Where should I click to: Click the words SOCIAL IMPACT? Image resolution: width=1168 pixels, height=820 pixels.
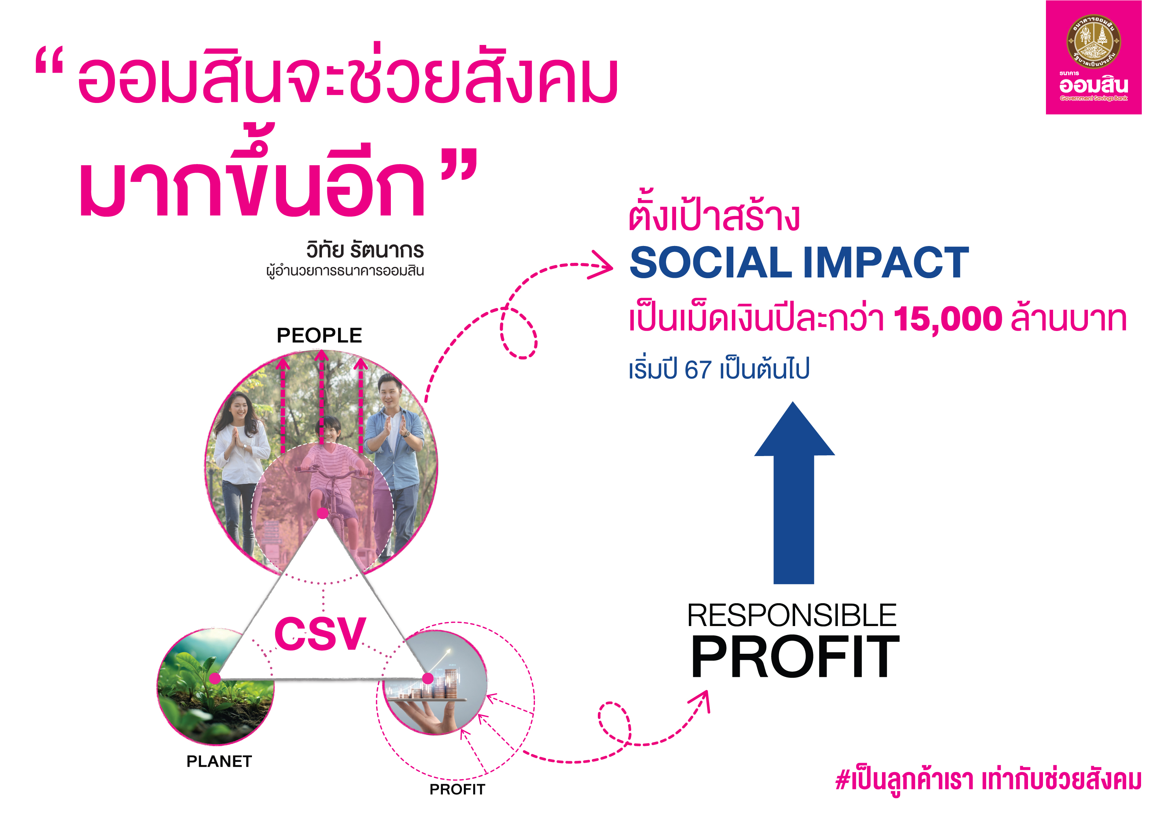[x=799, y=262]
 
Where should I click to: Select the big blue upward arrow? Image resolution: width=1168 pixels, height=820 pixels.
[x=794, y=492]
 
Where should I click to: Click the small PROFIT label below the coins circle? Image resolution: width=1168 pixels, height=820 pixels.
[x=457, y=789]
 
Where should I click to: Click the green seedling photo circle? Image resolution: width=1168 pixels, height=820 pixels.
[x=215, y=687]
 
